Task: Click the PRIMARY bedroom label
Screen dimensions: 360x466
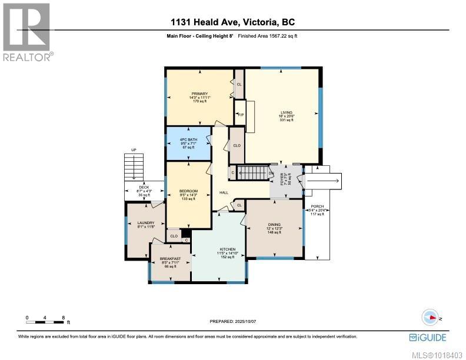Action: [199, 94]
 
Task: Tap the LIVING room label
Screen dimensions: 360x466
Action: [287, 112]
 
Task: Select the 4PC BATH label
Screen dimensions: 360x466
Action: [188, 140]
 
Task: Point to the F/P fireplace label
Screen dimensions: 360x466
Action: [240, 115]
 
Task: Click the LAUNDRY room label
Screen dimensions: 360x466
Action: [145, 222]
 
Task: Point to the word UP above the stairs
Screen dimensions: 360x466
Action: [134, 150]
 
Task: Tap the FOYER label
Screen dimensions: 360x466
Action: [282, 179]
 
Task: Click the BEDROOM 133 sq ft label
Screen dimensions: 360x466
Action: [188, 192]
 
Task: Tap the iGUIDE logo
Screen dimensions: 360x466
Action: [428, 337]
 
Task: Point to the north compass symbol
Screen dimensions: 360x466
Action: [430, 317]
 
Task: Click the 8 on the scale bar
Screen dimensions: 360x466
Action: [63, 318]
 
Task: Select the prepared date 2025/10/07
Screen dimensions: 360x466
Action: [245, 321]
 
